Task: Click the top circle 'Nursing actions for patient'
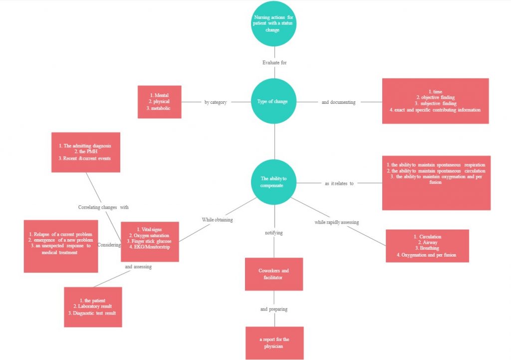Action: (274, 23)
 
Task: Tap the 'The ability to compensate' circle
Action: (274, 182)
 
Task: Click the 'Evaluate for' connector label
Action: (274, 63)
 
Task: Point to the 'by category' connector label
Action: (216, 102)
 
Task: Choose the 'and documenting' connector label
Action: (338, 102)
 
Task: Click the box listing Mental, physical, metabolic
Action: (159, 102)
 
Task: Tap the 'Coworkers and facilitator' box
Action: (273, 274)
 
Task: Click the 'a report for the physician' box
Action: (274, 343)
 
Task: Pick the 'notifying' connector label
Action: (274, 233)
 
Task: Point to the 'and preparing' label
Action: (274, 309)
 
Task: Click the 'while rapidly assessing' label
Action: (336, 222)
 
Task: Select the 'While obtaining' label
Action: (217, 219)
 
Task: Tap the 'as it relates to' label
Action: (339, 183)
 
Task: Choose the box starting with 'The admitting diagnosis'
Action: (86, 152)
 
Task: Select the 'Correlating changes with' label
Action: (103, 207)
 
